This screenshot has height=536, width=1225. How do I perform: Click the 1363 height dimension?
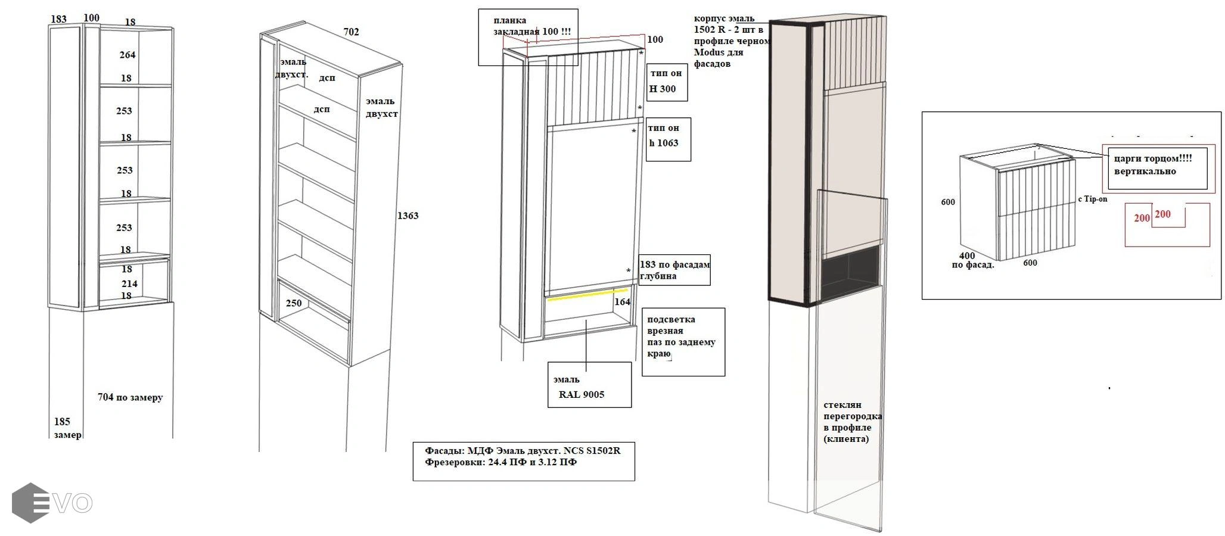[408, 216]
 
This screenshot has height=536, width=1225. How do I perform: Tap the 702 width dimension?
[352, 32]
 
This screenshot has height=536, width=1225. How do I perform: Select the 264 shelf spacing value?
[128, 55]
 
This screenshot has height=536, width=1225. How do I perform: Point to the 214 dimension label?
[129, 283]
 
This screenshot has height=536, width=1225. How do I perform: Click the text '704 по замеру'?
[130, 397]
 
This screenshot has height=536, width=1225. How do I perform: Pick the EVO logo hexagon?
[30, 503]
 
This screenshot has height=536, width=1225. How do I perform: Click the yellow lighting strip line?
[587, 295]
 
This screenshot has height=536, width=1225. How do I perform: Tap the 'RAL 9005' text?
[582, 394]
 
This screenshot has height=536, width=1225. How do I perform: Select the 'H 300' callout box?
[667, 82]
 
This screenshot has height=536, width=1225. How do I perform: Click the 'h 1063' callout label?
[664, 143]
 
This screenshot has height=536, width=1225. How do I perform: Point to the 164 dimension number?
[623, 302]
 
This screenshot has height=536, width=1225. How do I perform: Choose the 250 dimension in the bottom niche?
[294, 303]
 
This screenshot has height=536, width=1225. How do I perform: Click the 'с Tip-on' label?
[1092, 199]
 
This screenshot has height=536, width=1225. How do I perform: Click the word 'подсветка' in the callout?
[671, 319]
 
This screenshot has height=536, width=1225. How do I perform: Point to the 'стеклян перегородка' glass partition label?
[852, 410]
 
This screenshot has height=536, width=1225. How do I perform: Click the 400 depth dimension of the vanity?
[967, 256]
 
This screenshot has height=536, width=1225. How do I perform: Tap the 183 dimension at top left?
[59, 19]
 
